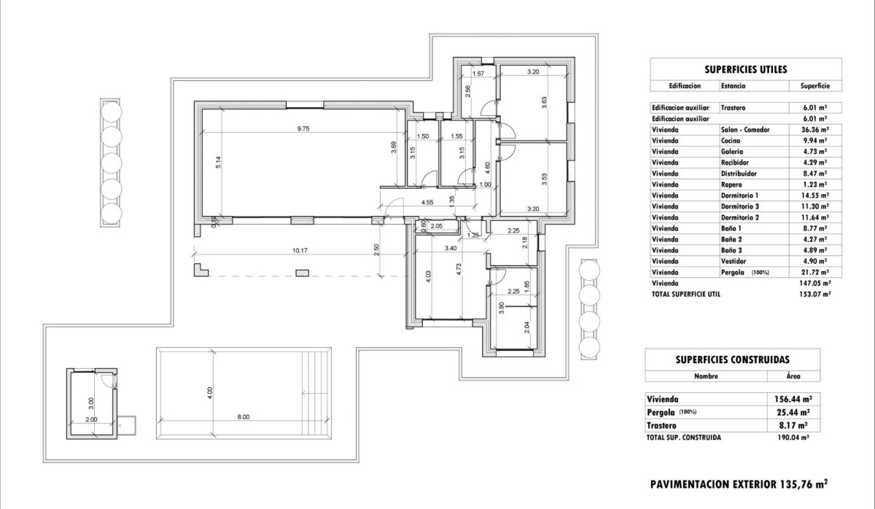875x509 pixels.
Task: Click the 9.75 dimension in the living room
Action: tap(303, 128)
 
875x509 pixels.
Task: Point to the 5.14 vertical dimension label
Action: tap(217, 163)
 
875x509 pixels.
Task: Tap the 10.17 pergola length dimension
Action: tap(299, 251)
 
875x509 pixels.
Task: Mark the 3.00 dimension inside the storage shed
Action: tap(90, 401)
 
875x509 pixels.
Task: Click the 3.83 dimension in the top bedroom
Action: tap(544, 103)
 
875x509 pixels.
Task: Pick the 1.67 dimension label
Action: tap(479, 74)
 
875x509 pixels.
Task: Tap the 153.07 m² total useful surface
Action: tap(814, 294)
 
